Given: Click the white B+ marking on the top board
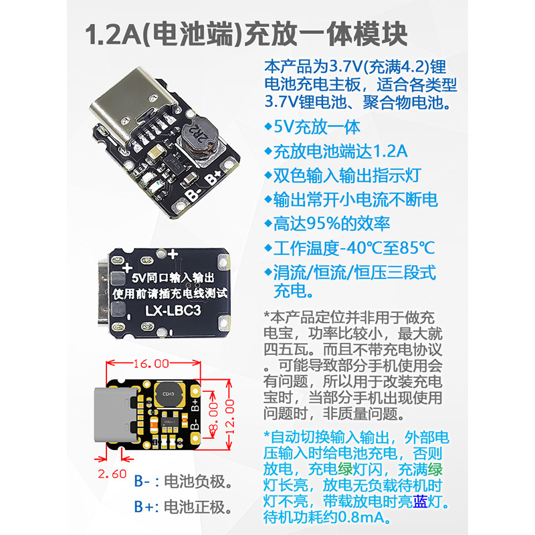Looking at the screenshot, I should coord(213,179).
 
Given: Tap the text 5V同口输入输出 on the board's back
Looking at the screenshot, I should coord(173,277).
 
